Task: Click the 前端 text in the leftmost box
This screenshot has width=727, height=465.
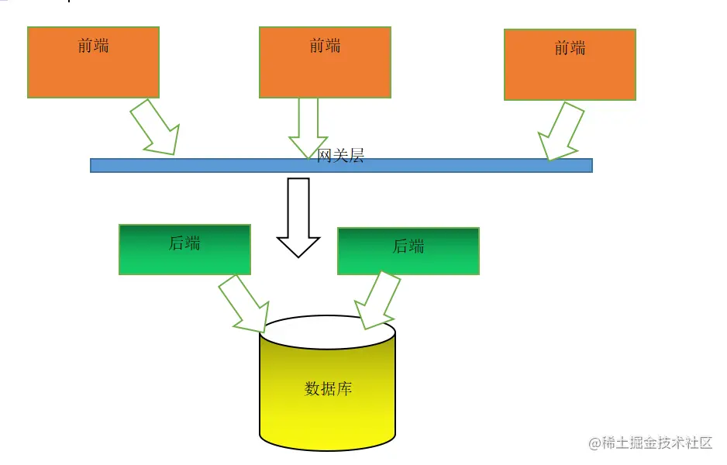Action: pyautogui.click(x=93, y=46)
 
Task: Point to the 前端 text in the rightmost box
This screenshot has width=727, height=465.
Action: pyautogui.click(x=570, y=48)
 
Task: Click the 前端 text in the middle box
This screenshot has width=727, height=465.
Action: pyautogui.click(x=325, y=46)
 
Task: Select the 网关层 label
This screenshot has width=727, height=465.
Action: pyautogui.click(x=341, y=156)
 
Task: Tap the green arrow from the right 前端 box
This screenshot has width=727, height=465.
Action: pyautogui.click(x=560, y=132)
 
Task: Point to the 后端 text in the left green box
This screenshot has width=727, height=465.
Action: pyautogui.click(x=184, y=243)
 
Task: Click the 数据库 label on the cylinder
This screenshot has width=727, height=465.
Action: pyautogui.click(x=329, y=388)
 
